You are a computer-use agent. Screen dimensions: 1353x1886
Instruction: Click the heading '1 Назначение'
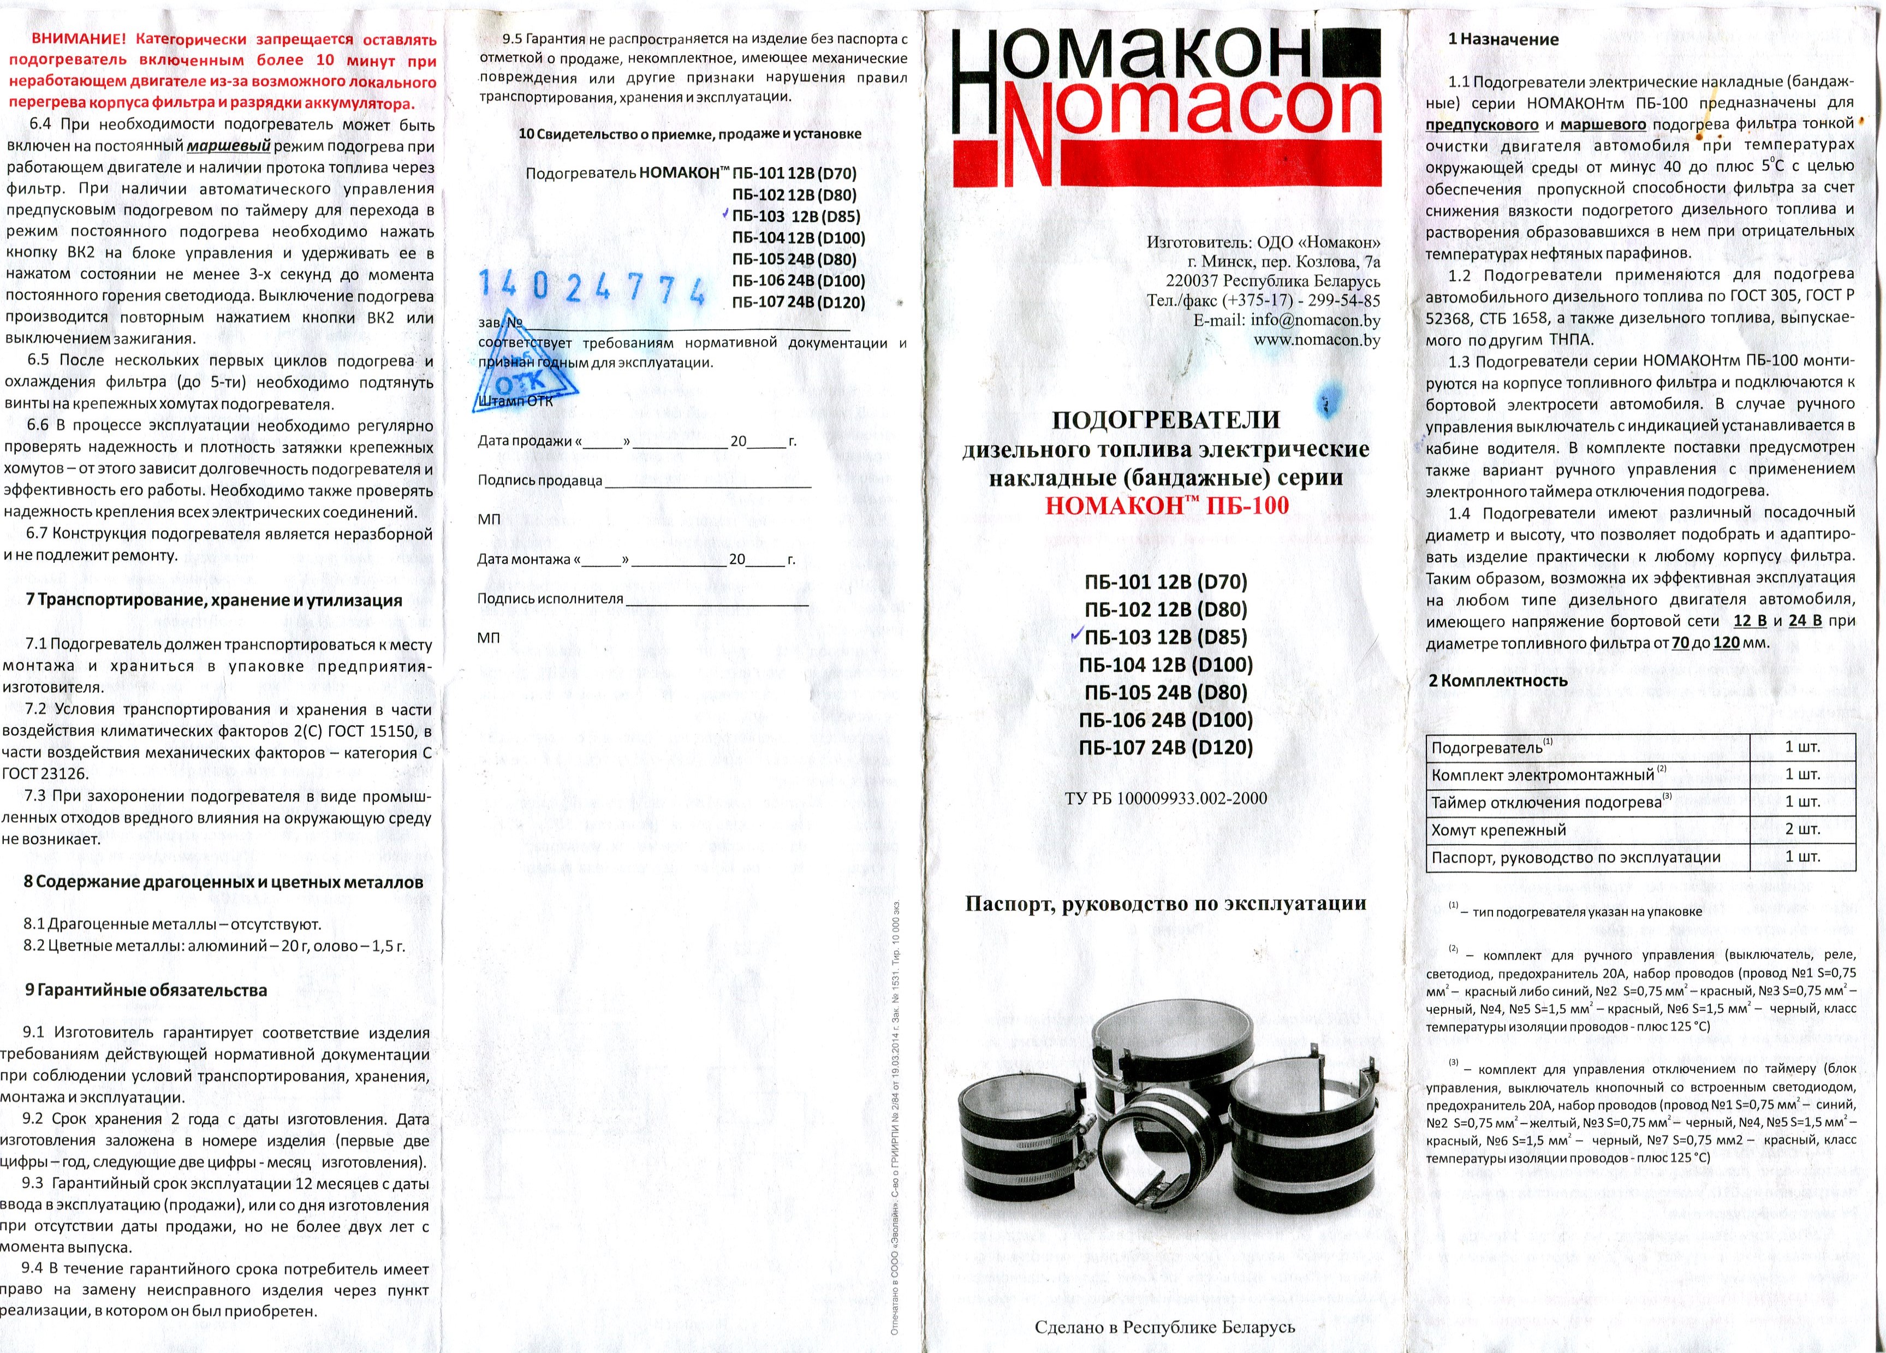click(1503, 39)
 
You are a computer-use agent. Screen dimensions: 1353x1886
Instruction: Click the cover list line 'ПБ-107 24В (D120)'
click(1166, 747)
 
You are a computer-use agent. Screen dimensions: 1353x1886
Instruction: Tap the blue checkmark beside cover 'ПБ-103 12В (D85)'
click(1075, 636)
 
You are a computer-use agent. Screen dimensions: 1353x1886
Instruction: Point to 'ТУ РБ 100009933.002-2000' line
click(1166, 798)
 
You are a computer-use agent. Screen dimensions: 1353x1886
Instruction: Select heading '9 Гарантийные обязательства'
click(146, 990)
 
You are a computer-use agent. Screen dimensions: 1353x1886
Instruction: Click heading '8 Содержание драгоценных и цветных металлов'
click(223, 882)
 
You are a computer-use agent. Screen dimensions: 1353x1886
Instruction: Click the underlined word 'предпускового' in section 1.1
click(1482, 124)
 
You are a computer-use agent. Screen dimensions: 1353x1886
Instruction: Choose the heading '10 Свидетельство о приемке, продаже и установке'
click(689, 134)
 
